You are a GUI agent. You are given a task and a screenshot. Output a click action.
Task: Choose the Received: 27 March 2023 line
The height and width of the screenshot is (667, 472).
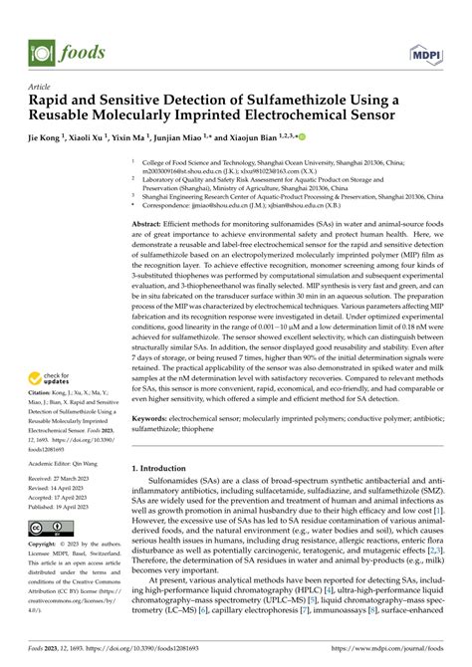(68, 478)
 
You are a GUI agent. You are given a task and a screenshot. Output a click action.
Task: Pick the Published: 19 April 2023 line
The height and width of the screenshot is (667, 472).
(68, 506)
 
